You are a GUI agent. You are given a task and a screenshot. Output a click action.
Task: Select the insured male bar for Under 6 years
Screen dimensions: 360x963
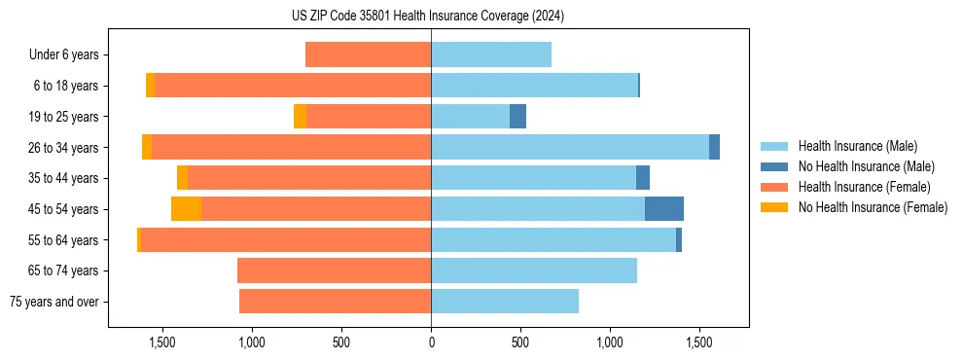coord(491,54)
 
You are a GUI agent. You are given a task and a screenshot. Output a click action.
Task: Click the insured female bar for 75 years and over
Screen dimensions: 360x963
coord(335,302)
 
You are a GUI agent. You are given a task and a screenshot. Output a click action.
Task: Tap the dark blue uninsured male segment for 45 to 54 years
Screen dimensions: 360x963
coord(664,208)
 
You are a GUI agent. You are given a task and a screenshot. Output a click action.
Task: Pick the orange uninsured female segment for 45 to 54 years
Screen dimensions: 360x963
coord(186,208)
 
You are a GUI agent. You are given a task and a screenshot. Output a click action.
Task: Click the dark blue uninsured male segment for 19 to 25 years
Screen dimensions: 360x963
coord(517,116)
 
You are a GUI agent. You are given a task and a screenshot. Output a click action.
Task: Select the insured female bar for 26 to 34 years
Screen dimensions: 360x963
coord(292,147)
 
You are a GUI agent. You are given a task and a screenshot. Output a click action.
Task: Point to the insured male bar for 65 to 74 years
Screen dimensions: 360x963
coord(534,270)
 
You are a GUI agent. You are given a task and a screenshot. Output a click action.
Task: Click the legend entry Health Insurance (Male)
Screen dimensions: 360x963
coord(857,146)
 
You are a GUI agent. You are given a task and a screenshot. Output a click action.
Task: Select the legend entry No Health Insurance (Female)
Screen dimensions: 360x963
coord(873,207)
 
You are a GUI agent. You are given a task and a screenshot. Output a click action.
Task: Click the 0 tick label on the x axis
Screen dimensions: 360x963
coord(431,342)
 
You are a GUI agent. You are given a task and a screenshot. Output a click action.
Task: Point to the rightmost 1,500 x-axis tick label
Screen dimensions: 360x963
coord(699,342)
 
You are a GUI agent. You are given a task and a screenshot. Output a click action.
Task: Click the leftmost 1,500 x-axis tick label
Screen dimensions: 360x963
coord(161,342)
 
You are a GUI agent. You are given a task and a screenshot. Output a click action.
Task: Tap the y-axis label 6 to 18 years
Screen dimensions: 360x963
coord(66,86)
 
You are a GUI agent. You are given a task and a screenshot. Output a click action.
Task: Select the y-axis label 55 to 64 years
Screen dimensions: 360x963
coord(63,239)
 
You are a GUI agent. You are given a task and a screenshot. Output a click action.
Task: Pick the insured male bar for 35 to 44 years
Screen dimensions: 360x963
coord(533,178)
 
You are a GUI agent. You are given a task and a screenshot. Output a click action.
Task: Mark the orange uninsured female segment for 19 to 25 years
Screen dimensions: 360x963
coord(300,116)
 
